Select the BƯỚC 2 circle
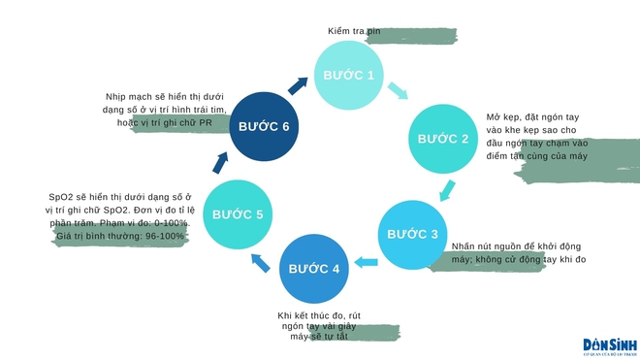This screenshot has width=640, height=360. click(443, 139)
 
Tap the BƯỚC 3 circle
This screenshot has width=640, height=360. click(414, 234)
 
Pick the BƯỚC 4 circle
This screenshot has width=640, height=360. click(314, 267)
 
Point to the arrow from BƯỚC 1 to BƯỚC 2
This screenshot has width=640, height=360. click(398, 92)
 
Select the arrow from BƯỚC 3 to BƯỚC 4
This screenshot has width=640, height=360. click(366, 260)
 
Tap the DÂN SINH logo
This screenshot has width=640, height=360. click(608, 344)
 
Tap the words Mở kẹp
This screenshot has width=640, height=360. click(502, 116)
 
